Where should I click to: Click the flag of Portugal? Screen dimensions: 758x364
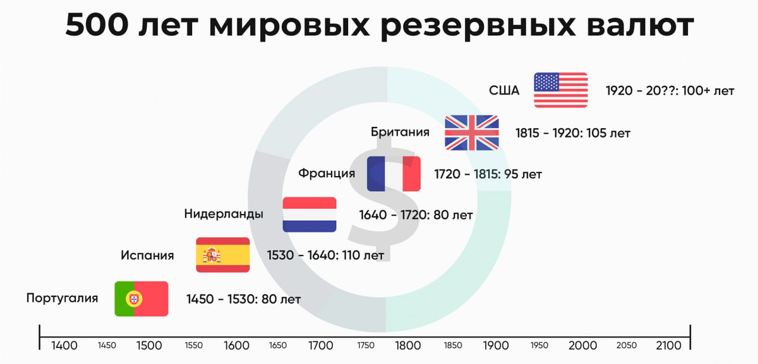click(141, 299)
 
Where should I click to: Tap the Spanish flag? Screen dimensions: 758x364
click(223, 255)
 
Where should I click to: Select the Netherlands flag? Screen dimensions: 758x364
click(310, 214)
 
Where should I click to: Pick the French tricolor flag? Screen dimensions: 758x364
click(394, 173)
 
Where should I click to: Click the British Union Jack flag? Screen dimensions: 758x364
click(472, 132)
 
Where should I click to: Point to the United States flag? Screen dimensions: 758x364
click(561, 90)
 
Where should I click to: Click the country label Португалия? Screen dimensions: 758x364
click(63, 299)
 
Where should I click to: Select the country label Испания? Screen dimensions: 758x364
click(147, 255)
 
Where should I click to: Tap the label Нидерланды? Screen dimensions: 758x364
click(224, 214)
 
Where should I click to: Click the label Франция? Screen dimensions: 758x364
click(327, 173)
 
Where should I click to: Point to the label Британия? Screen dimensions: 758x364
click(400, 132)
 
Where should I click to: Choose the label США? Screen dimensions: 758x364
click(504, 91)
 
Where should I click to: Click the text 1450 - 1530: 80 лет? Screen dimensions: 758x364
click(244, 299)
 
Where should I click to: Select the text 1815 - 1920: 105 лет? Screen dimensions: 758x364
click(573, 133)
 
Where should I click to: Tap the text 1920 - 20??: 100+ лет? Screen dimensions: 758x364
click(670, 91)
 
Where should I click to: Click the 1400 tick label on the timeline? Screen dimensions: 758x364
click(64, 346)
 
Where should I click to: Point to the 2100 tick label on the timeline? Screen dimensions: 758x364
click(669, 346)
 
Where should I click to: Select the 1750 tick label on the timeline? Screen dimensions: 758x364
click(366, 346)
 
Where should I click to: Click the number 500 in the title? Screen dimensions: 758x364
click(97, 25)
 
